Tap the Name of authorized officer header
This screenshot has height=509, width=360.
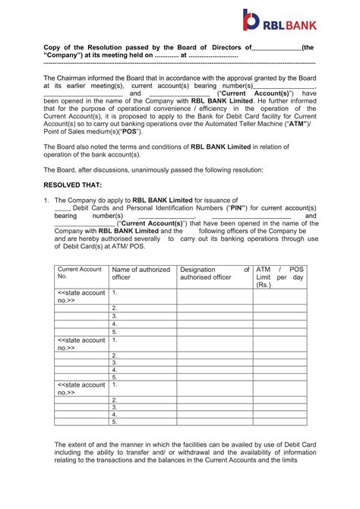point(141,273)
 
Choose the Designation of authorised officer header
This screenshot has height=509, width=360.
point(213,273)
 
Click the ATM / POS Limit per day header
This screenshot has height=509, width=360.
point(280,277)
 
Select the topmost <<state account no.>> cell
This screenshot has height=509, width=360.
point(81,296)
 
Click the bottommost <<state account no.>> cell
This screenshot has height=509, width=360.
point(81,388)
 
